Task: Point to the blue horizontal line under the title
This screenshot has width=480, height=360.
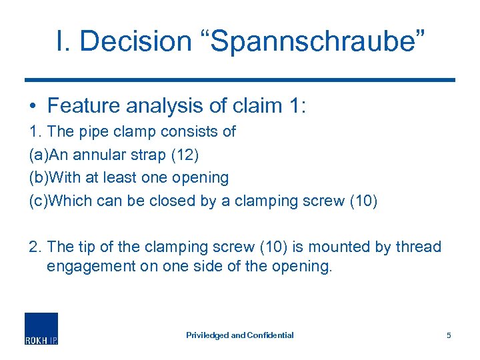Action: (x=239, y=80)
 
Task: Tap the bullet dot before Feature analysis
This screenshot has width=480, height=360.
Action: (x=33, y=107)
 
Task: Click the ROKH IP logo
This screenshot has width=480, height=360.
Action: (x=41, y=328)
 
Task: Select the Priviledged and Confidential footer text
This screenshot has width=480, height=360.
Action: (x=239, y=335)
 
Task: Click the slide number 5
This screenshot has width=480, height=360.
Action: (x=449, y=335)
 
